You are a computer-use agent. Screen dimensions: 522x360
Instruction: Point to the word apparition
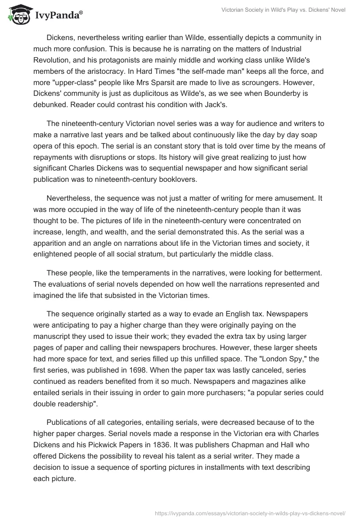point(53,244)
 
